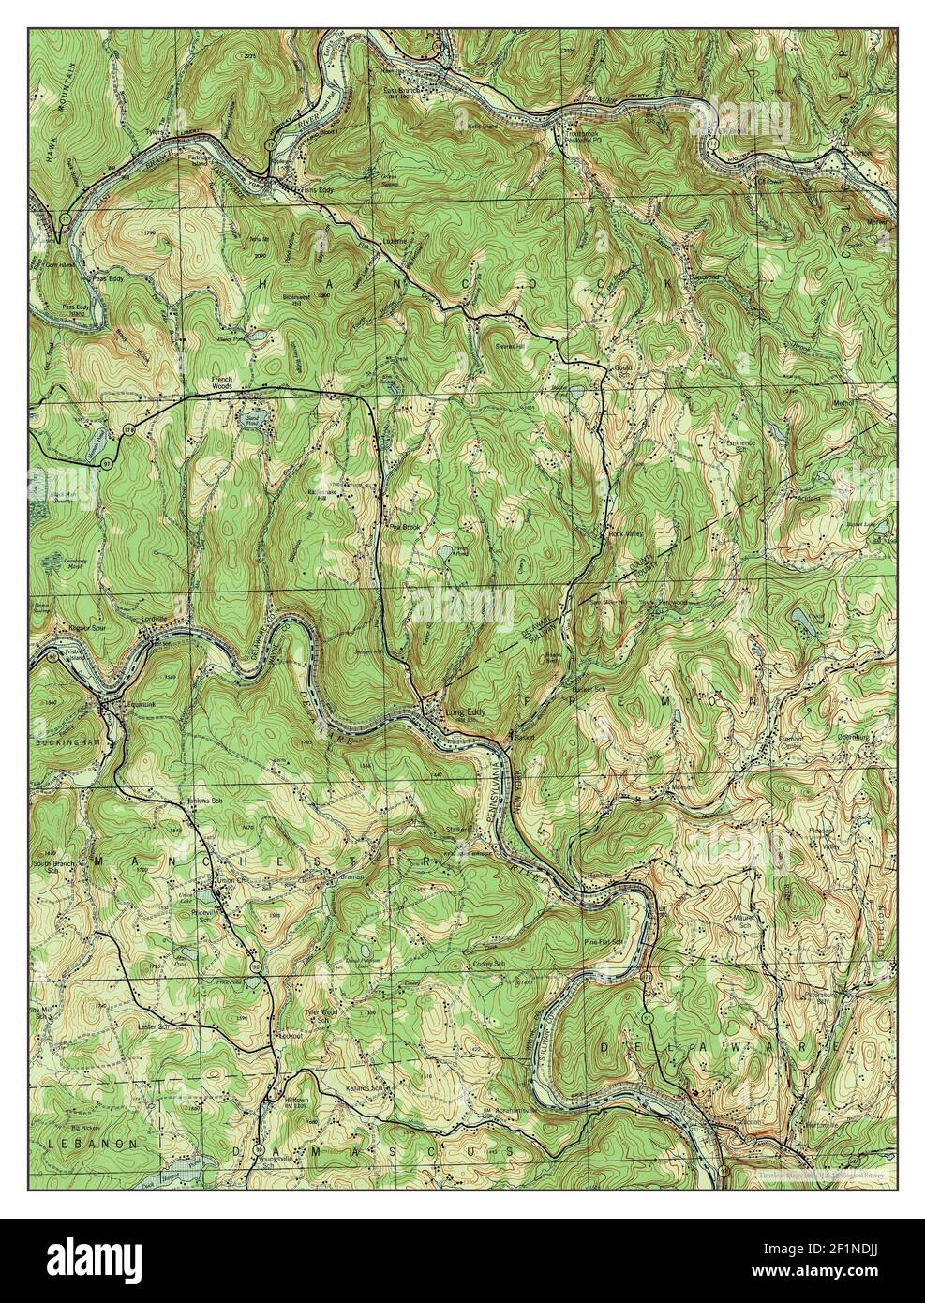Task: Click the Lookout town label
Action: pos(291,1036)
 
